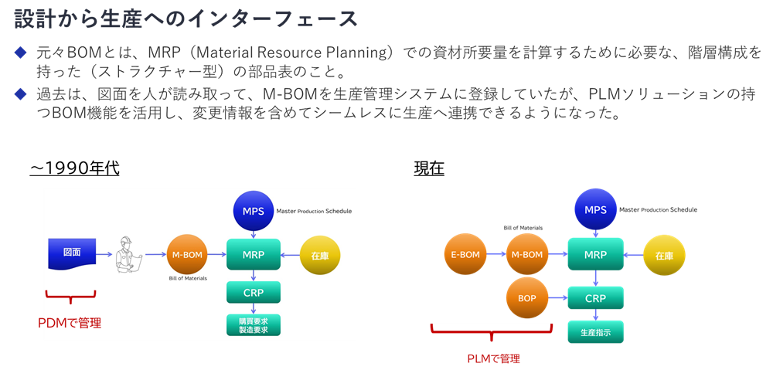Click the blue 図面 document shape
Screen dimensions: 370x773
[x=72, y=252]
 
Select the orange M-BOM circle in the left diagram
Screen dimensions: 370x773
[x=188, y=253]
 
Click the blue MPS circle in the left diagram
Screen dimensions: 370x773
[x=254, y=210]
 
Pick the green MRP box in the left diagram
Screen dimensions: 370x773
[x=254, y=253]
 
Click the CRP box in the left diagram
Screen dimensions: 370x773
[x=254, y=292]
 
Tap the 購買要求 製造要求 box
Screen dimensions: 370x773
[x=254, y=324]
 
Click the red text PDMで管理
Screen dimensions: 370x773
[x=70, y=323]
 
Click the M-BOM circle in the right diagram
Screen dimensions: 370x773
[x=526, y=254]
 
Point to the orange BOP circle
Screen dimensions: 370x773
[x=526, y=297]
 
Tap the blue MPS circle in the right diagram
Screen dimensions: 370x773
[x=594, y=210]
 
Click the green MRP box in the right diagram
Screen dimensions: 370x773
[x=594, y=254]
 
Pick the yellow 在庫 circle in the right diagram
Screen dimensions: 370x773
[x=664, y=255]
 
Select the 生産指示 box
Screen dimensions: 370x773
[x=594, y=332]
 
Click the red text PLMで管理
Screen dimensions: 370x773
[x=494, y=358]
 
